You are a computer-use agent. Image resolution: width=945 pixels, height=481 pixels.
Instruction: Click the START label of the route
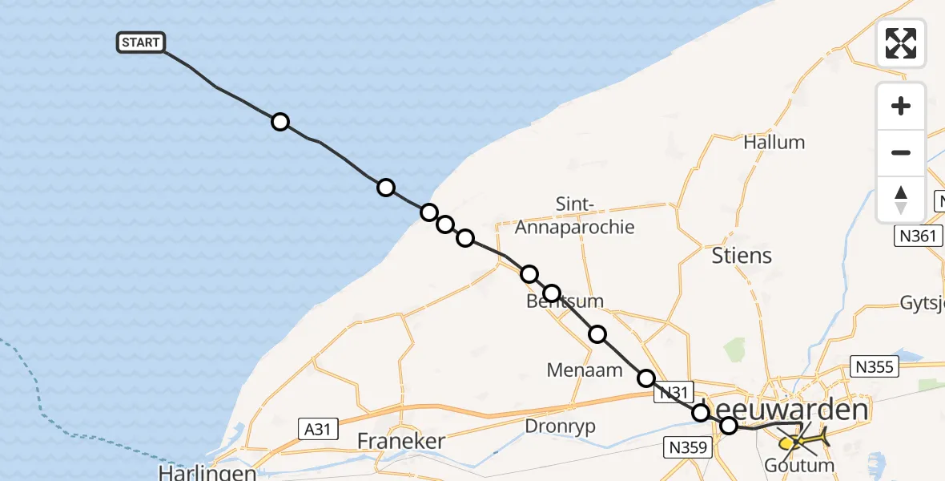(x=141, y=42)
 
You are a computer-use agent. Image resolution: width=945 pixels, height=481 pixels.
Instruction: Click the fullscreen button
(x=901, y=43)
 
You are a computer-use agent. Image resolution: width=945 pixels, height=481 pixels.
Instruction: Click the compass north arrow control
(x=901, y=199)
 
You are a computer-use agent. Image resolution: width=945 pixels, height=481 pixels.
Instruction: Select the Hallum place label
(x=774, y=143)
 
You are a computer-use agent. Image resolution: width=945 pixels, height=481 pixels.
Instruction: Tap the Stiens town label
(x=742, y=256)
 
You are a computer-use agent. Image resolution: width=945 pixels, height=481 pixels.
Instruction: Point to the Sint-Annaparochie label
(x=574, y=216)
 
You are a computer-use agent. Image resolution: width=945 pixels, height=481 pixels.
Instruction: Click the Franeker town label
(x=400, y=441)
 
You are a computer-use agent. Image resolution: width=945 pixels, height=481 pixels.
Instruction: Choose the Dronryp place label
(x=560, y=426)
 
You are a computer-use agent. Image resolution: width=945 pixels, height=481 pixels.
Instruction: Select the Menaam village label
(x=574, y=370)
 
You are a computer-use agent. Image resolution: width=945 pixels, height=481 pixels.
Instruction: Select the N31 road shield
(x=671, y=393)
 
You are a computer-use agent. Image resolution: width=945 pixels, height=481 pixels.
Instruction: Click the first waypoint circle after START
(x=279, y=122)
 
